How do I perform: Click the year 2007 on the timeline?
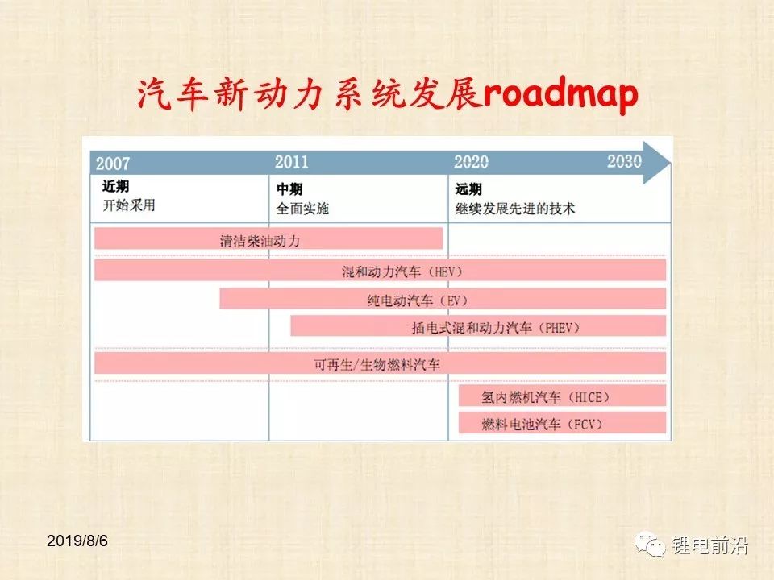pyautogui.click(x=113, y=164)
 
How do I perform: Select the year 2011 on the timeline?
pyautogui.click(x=292, y=162)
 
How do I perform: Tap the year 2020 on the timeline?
pyautogui.click(x=472, y=162)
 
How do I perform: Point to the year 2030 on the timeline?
pyautogui.click(x=624, y=161)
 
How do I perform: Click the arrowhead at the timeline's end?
pyautogui.click(x=656, y=163)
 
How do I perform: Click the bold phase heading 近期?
pyautogui.click(x=115, y=186)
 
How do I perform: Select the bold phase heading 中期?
pyautogui.click(x=289, y=188)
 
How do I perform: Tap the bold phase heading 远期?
pyautogui.click(x=468, y=188)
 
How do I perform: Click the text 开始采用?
pyautogui.click(x=129, y=205)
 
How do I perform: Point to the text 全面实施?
pyautogui.click(x=302, y=208)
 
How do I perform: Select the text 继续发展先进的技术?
pyautogui.click(x=515, y=208)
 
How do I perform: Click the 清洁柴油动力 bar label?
pyautogui.click(x=260, y=241)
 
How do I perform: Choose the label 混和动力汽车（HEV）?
pyautogui.click(x=402, y=271)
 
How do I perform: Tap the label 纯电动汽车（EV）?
pyautogui.click(x=417, y=300)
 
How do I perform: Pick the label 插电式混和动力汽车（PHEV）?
pyautogui.click(x=496, y=328)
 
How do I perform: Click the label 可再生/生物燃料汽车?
pyautogui.click(x=377, y=364)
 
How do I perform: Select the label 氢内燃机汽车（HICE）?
pyautogui.click(x=546, y=397)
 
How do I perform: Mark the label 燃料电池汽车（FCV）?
pyautogui.click(x=543, y=424)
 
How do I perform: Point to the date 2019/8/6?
pyautogui.click(x=77, y=541)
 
